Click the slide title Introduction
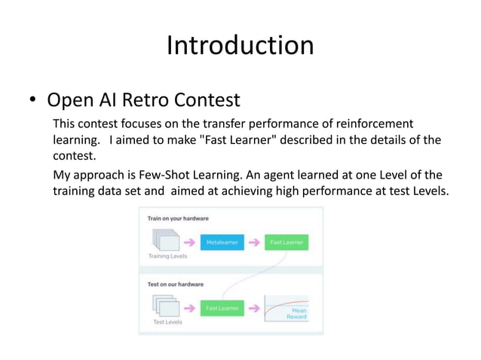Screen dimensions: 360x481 [240, 46]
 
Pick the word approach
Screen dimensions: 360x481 [100, 175]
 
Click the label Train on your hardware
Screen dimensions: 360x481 [178, 218]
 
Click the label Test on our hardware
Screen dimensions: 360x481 [175, 284]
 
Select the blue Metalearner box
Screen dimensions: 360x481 [222, 243]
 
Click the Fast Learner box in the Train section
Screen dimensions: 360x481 [286, 243]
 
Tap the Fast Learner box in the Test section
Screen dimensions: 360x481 [222, 308]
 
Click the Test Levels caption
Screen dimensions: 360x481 [168, 322]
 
